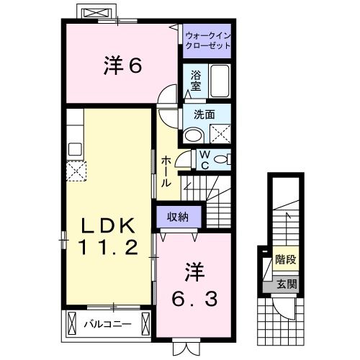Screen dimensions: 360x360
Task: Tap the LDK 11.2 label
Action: pyautogui.click(x=109, y=237)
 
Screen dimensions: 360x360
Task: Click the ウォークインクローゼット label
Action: pyautogui.click(x=207, y=40)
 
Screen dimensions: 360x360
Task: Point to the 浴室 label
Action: pyautogui.click(x=196, y=79)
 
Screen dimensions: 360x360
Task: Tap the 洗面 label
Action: pyautogui.click(x=204, y=114)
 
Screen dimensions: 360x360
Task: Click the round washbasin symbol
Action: pyautogui.click(x=193, y=135)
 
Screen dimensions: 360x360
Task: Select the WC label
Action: pyautogui.click(x=204, y=159)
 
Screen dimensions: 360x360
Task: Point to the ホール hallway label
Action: pyautogui.click(x=166, y=172)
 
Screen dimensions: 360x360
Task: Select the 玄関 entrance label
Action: pyautogui.click(x=285, y=284)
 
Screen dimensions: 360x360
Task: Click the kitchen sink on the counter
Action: pyautogui.click(x=75, y=149)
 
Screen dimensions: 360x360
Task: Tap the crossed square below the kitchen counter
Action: pyautogui.click(x=76, y=171)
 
